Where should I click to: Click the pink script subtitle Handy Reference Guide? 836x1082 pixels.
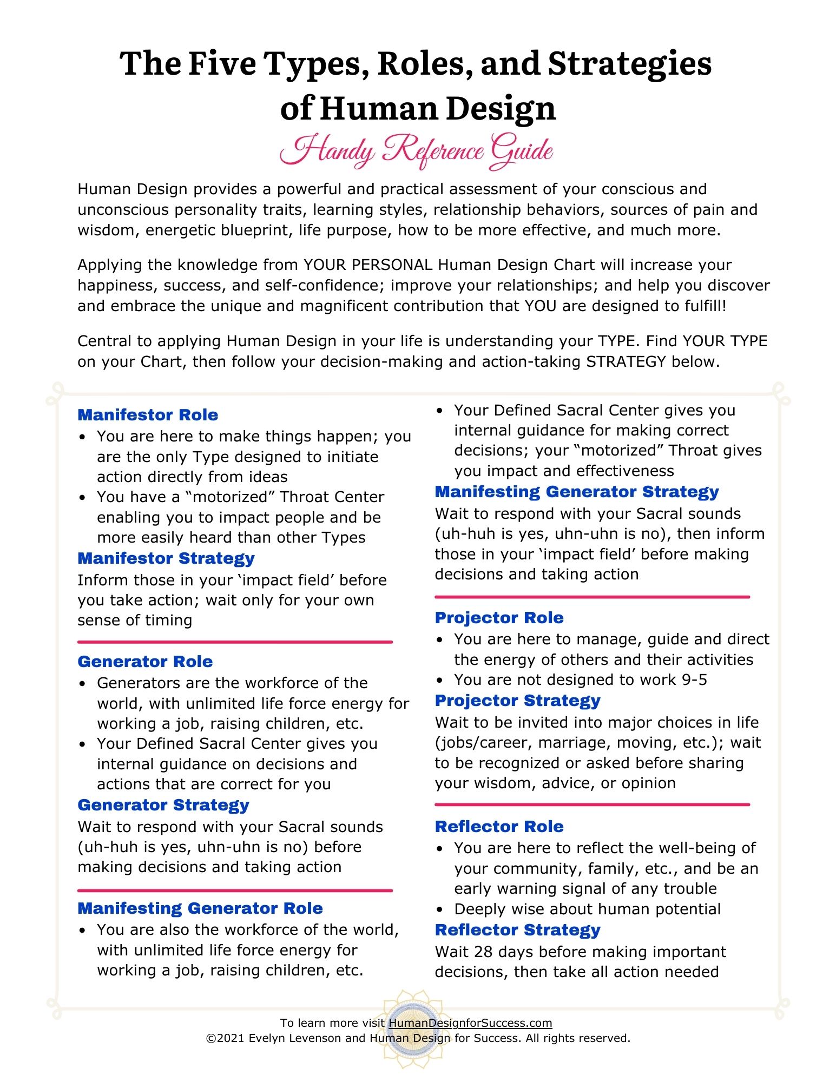pyautogui.click(x=417, y=151)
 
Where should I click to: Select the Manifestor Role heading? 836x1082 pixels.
pyautogui.click(x=148, y=415)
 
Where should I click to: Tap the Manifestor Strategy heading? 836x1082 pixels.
pyautogui.click(x=166, y=558)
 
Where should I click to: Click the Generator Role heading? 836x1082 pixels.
pyautogui.click(x=145, y=662)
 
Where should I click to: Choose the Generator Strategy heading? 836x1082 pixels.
pyautogui.click(x=163, y=805)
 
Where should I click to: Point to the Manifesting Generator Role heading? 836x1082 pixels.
pyautogui.click(x=200, y=908)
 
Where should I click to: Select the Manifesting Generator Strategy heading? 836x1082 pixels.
pyautogui.click(x=577, y=492)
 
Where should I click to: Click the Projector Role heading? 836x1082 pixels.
pyautogui.click(x=499, y=618)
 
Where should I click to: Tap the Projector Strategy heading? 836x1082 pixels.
pyautogui.click(x=517, y=701)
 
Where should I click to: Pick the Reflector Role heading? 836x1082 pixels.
pyautogui.click(x=499, y=827)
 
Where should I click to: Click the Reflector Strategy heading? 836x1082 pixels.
pyautogui.click(x=517, y=930)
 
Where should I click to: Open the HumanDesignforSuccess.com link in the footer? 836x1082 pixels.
pyautogui.click(x=470, y=1023)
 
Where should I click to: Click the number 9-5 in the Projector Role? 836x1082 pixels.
pyautogui.click(x=694, y=680)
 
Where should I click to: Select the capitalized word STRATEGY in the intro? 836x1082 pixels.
pyautogui.click(x=626, y=361)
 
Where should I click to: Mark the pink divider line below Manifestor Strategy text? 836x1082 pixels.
pyautogui.click(x=235, y=642)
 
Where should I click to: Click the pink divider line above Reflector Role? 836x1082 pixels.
pyautogui.click(x=592, y=804)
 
